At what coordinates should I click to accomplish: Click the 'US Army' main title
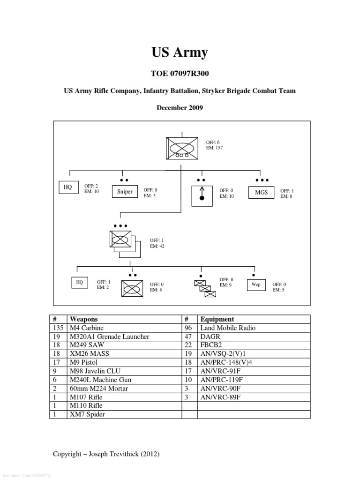pos(180,52)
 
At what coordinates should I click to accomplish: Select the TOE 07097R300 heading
pos(180,73)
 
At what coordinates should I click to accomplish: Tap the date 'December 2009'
pos(180,107)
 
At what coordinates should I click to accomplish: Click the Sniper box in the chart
pos(125,192)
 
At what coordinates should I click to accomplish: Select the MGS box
pos(261,192)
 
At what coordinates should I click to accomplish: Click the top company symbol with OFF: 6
pos(180,148)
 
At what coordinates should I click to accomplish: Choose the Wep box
pos(256,285)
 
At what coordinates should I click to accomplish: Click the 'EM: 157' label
pos(214,148)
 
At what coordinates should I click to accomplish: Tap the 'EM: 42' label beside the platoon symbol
pos(157,246)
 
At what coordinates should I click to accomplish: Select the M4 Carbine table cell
pos(87,328)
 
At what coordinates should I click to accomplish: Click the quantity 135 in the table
pos(58,328)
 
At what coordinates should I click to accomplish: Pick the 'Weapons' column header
pos(83,319)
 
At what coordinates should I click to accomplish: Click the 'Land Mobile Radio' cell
pos(228,328)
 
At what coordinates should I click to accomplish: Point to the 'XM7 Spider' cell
pos(88,414)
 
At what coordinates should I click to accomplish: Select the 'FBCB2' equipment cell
pos(211,345)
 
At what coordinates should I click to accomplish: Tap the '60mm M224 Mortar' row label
pos(98,388)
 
